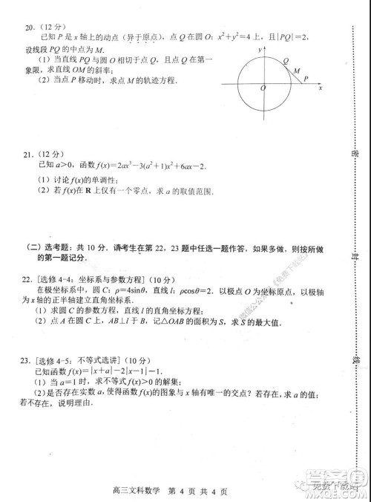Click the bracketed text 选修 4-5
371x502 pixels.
(x=53, y=364)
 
